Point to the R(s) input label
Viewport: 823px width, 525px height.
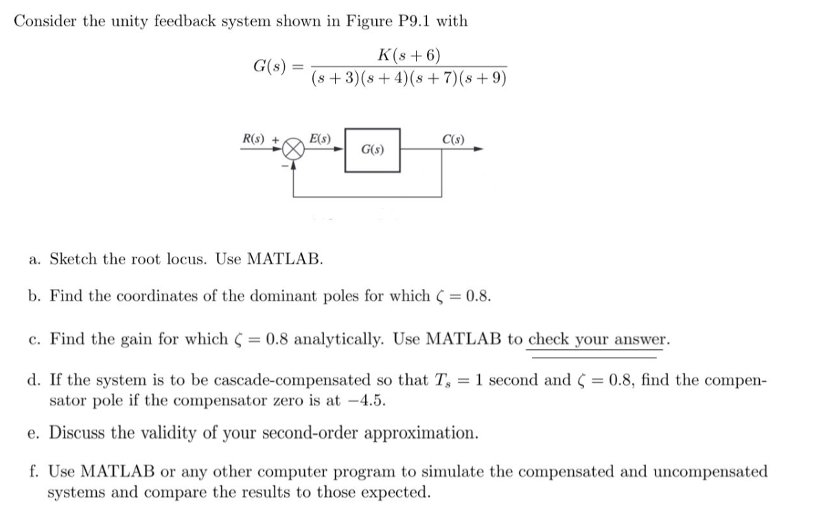257,139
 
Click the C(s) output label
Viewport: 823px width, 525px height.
453,139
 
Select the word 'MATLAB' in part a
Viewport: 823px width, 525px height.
284,259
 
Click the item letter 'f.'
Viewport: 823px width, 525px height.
34,471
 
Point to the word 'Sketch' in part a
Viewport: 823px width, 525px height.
74,259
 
